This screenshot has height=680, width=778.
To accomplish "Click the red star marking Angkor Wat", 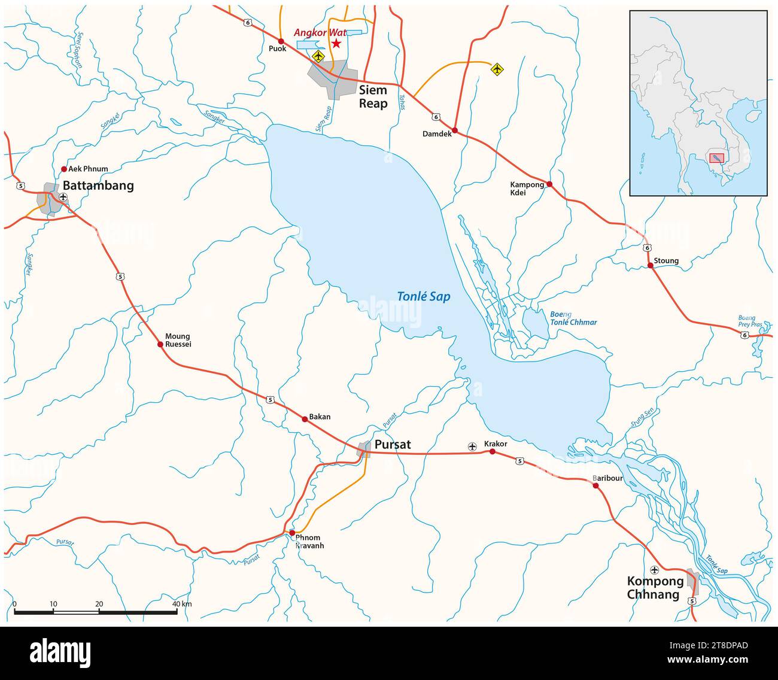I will pos(336,44).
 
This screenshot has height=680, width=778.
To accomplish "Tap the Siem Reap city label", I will pos(373,97).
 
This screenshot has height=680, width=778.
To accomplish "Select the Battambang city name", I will pos(98,186).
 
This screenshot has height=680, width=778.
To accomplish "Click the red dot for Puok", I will pos(281,41).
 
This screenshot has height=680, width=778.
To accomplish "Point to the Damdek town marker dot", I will pos(455,130).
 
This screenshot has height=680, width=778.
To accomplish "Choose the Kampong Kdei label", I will pos(527,189).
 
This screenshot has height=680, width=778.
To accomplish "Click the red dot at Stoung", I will pos(650,265).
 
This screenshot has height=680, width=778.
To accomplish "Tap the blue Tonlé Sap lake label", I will pos(424,296).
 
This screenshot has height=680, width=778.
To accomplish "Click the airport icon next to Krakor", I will pos(472,447).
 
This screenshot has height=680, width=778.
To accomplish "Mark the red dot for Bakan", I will pos(305,420).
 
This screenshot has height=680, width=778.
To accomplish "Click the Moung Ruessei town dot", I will pos(160,344).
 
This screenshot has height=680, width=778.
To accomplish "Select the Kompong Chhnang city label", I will pos(655,588).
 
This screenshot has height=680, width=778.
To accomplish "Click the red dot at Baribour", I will pos(595,485).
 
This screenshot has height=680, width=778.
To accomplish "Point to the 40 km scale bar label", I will pos(182,604).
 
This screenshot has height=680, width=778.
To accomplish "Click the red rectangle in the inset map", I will pos(716,158).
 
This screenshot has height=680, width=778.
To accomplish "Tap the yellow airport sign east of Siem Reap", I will pos(496,69).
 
